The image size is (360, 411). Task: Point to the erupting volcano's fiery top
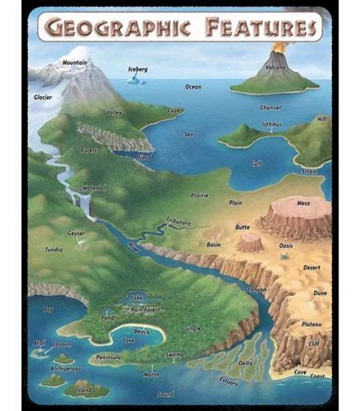pyautogui.click(x=279, y=47)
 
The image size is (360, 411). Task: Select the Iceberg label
pyautogui.click(x=138, y=70)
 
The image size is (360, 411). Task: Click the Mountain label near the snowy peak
pyautogui.click(x=75, y=62)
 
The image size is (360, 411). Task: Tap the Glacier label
pyautogui.click(x=44, y=97)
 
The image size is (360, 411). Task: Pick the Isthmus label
pyautogui.click(x=271, y=125)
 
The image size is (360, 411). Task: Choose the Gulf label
pyautogui.click(x=256, y=163)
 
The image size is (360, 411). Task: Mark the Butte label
pyautogui.click(x=242, y=227)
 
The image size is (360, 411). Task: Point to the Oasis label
pyautogui.click(x=286, y=245)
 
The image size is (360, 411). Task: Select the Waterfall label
pyautogui.click(x=95, y=188)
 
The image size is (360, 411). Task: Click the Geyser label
pyautogui.click(x=76, y=233)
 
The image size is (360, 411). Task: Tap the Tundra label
pyautogui.click(x=53, y=249)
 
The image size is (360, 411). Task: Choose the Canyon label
pyautogui.click(x=256, y=289)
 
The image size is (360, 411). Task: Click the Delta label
pyautogui.click(x=246, y=363)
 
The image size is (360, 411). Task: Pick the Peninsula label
pyautogui.click(x=108, y=358)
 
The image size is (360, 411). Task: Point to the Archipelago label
pyautogui.click(x=65, y=369)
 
